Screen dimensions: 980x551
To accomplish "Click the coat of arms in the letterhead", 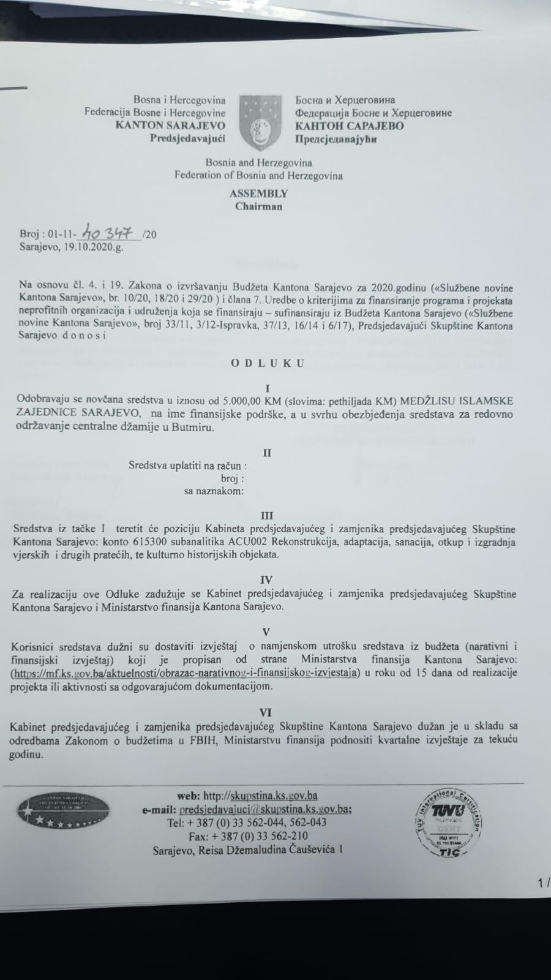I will [x=260, y=123].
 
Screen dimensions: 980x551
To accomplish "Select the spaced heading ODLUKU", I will [x=267, y=363].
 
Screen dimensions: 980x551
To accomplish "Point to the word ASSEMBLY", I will [x=258, y=194].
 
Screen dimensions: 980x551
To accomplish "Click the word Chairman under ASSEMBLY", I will [x=258, y=206].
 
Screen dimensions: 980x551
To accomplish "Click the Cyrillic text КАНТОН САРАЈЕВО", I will [x=349, y=126].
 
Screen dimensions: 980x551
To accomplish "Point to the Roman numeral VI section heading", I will [x=266, y=712].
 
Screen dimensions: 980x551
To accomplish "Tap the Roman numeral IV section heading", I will [x=266, y=579].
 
